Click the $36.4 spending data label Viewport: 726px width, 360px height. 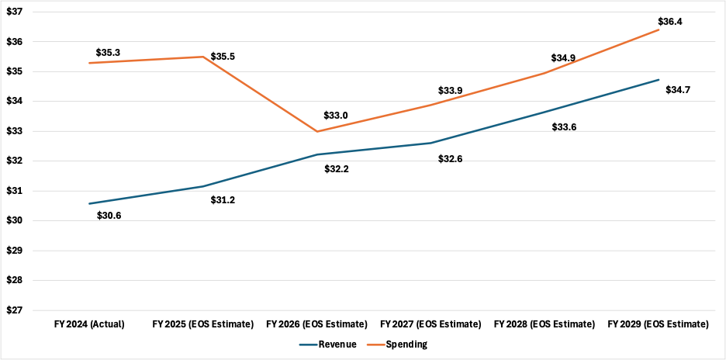[x=669, y=22]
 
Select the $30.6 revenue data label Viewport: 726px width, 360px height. [x=109, y=215]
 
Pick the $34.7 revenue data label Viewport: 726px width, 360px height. [x=678, y=90]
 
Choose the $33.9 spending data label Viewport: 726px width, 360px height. [x=450, y=91]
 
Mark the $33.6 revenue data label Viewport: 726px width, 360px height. [x=563, y=127]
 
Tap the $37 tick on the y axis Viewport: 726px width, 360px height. [x=14, y=12]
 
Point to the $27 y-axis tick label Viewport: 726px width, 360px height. [x=14, y=310]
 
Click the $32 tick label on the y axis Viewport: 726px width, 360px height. [x=14, y=161]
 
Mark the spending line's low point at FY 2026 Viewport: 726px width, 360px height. [x=316, y=131]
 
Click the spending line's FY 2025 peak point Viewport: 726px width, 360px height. [x=203, y=57]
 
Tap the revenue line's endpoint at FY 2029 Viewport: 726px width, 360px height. [x=659, y=80]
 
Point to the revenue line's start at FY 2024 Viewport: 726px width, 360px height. [x=90, y=203]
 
